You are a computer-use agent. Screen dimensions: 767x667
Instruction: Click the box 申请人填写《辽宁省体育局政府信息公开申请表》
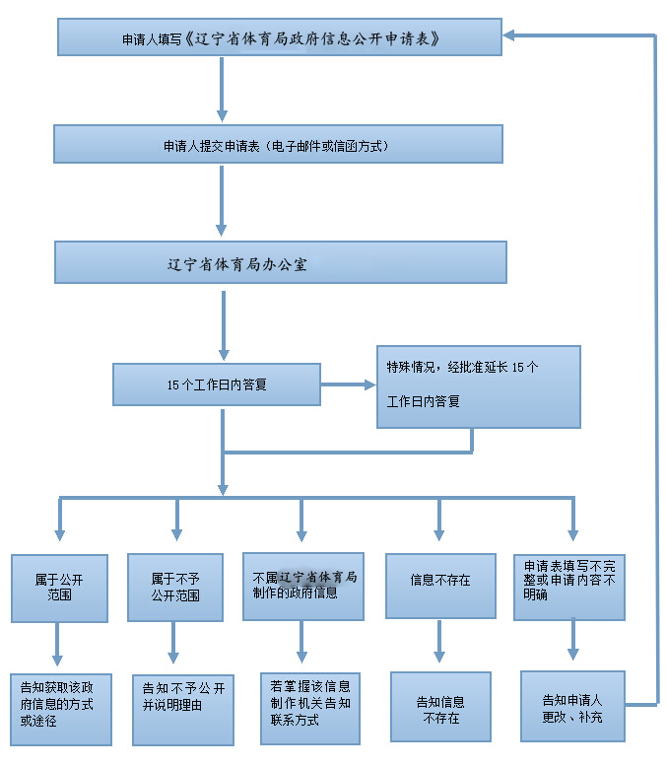[280, 38]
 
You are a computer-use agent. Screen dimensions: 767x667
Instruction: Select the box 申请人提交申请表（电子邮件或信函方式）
[278, 144]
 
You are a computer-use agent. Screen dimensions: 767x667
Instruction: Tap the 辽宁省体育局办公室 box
[280, 263]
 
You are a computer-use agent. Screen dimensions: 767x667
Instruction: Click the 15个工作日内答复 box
[217, 384]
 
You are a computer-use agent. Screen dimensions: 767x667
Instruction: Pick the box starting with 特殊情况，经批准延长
[478, 386]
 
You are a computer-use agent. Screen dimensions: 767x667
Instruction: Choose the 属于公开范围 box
[60, 589]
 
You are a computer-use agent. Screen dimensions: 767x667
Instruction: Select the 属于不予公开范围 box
[175, 588]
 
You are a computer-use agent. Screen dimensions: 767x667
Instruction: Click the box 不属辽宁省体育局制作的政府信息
[303, 586]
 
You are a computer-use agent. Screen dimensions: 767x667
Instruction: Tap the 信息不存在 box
[439, 586]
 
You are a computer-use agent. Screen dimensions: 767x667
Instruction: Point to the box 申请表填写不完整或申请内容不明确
[569, 587]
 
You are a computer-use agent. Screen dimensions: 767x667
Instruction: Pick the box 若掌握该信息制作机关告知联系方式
[309, 699]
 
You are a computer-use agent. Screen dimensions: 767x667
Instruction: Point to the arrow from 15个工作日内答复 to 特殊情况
[349, 383]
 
